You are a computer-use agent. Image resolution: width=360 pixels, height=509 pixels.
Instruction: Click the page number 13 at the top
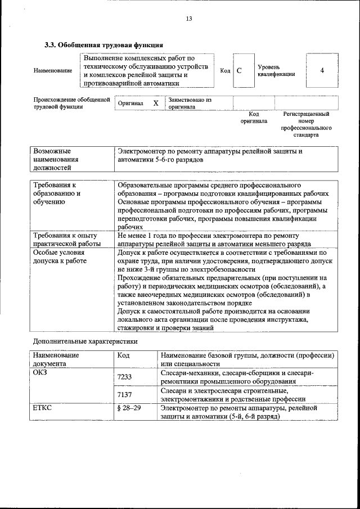(189, 19)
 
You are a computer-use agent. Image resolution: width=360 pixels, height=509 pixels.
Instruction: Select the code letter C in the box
(239, 71)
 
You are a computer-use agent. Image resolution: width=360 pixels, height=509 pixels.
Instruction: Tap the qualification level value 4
(322, 71)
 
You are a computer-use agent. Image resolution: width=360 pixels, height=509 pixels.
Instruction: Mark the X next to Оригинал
(156, 103)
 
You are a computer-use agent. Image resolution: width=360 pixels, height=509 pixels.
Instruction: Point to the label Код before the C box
(225, 71)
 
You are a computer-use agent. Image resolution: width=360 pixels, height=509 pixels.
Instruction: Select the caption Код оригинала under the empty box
(254, 117)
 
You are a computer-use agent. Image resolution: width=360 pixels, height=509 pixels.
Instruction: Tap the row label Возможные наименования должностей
(56, 159)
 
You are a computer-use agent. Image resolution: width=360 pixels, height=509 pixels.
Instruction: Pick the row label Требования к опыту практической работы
(66, 240)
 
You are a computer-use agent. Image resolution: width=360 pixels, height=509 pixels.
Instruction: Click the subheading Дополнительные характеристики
(85, 341)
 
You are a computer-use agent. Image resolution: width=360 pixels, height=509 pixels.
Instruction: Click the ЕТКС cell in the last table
(43, 408)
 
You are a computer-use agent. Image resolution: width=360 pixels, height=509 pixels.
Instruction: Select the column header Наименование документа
(56, 359)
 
